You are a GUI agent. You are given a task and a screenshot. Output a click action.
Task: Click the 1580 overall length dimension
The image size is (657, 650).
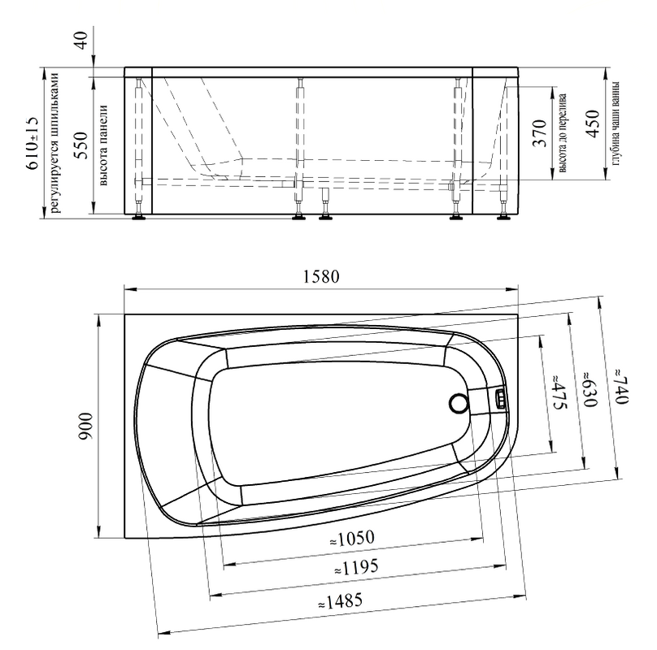(x=321, y=277)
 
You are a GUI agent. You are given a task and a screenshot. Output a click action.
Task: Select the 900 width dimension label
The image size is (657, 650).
(x=85, y=426)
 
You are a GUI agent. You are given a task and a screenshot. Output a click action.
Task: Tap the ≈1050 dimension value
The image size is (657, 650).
(x=352, y=539)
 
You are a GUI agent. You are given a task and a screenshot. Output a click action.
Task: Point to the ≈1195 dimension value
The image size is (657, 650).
(x=356, y=567)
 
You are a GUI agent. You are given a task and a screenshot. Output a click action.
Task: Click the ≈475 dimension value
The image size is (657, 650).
(x=559, y=392)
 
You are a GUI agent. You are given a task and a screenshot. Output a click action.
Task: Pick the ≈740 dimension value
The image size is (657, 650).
(x=621, y=386)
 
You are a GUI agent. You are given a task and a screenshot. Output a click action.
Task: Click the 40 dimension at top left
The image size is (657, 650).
(x=80, y=40)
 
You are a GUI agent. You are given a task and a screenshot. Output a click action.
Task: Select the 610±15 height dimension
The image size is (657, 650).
(x=33, y=143)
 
